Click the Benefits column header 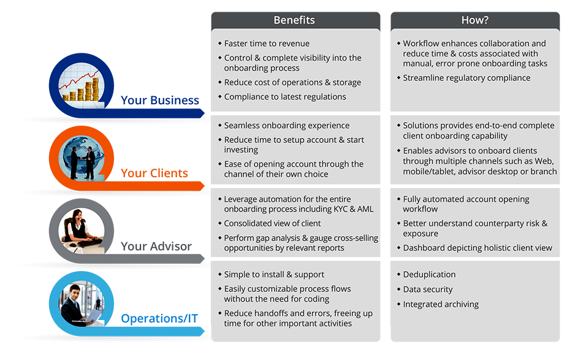[x=294, y=20]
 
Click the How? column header [x=474, y=20]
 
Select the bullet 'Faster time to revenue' [x=267, y=44]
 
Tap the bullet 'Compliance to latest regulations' [x=285, y=96]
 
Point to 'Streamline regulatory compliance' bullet [x=466, y=78]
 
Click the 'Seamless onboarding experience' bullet [x=287, y=125]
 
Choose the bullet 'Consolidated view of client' [x=272, y=223]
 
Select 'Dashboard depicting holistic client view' [x=478, y=248]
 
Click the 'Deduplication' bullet [x=429, y=274]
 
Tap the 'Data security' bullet [x=428, y=289]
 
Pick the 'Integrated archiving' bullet [x=441, y=304]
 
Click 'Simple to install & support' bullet [x=274, y=274]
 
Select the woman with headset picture [x=80, y=231]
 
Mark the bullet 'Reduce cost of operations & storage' [x=292, y=82]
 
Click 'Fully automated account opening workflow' [x=466, y=204]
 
